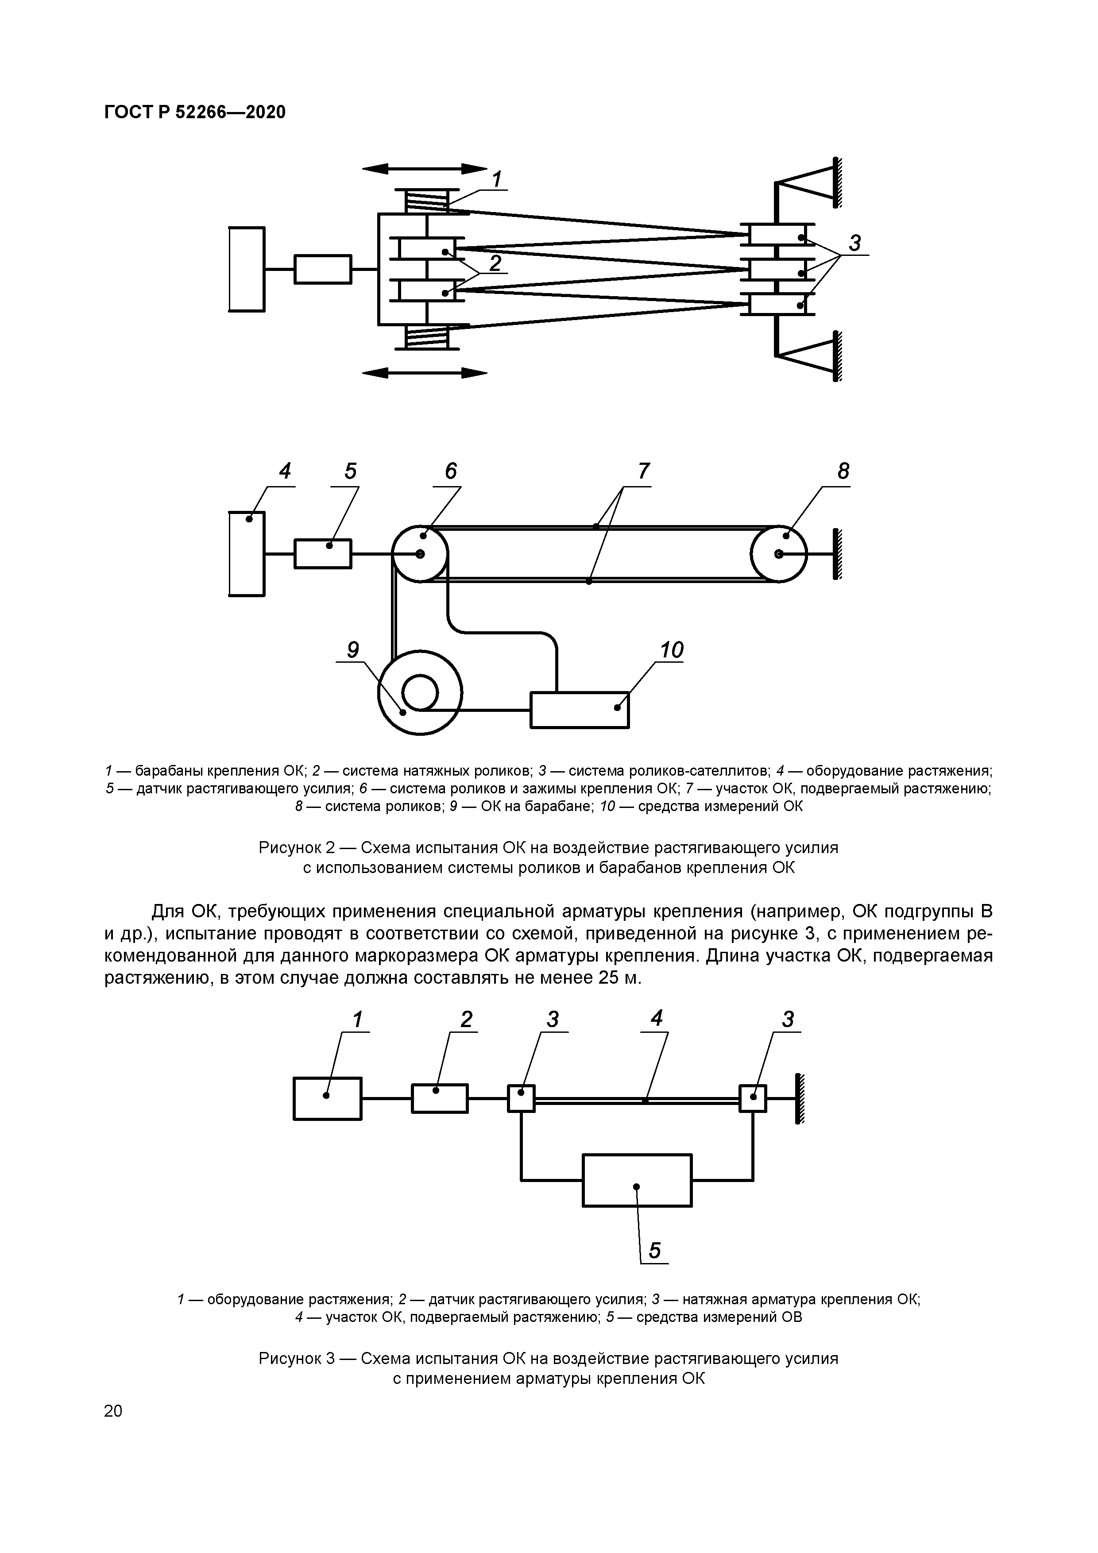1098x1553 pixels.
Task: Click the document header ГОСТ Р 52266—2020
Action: coord(195,112)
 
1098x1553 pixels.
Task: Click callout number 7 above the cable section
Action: coord(643,471)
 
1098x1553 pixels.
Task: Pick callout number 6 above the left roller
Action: coord(451,471)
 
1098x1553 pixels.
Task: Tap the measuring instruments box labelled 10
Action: coord(579,710)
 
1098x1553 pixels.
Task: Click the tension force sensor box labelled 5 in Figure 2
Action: coord(323,554)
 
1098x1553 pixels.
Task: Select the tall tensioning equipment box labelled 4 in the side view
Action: coord(247,554)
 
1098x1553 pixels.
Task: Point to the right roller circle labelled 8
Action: coord(779,554)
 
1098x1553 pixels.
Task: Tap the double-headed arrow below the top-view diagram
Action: coord(425,372)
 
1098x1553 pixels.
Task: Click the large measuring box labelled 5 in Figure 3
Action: coord(637,1180)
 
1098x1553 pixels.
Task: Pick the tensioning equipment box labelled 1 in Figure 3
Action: coord(328,1098)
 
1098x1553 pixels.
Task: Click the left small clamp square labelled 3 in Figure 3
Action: coord(521,1098)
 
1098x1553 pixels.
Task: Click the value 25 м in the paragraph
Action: coord(618,978)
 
